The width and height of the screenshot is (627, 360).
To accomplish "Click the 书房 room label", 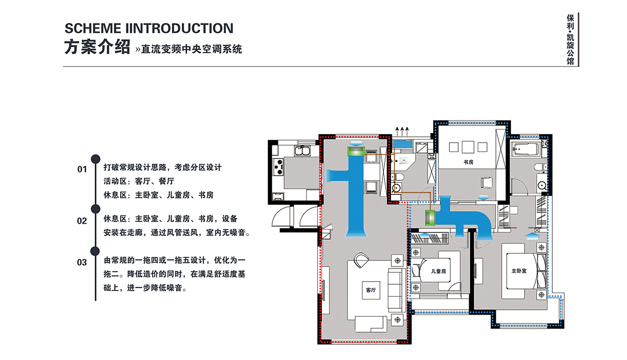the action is coord(468,162).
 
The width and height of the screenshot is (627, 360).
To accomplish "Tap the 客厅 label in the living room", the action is coord(370,290).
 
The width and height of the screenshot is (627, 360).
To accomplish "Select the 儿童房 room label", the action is coord(438,271).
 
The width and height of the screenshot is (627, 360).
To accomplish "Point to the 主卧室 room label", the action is coord(519,271).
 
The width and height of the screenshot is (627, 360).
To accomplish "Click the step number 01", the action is coord(82,169).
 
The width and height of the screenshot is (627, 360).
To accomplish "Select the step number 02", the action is coord(82,221).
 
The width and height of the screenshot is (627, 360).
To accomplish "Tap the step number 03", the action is coord(82,262).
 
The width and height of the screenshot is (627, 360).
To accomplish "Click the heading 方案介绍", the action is coord(97,47).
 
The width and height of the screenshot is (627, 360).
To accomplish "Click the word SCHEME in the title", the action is coord(92,28).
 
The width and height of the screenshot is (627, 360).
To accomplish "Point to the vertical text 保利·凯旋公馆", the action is coord(570,39).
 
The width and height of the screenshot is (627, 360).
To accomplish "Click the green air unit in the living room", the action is coord(356,152).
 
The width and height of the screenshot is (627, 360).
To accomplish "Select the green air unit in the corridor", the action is coord(429,217).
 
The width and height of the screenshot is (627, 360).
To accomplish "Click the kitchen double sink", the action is coord(303,151).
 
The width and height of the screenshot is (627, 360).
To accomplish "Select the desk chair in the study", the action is coord(486,182).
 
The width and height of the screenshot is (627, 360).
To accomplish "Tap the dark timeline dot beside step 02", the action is coord(96,209).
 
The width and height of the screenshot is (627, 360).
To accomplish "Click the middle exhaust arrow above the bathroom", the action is coord(402,131).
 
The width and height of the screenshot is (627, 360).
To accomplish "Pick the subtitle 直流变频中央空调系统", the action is coord(191,49).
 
